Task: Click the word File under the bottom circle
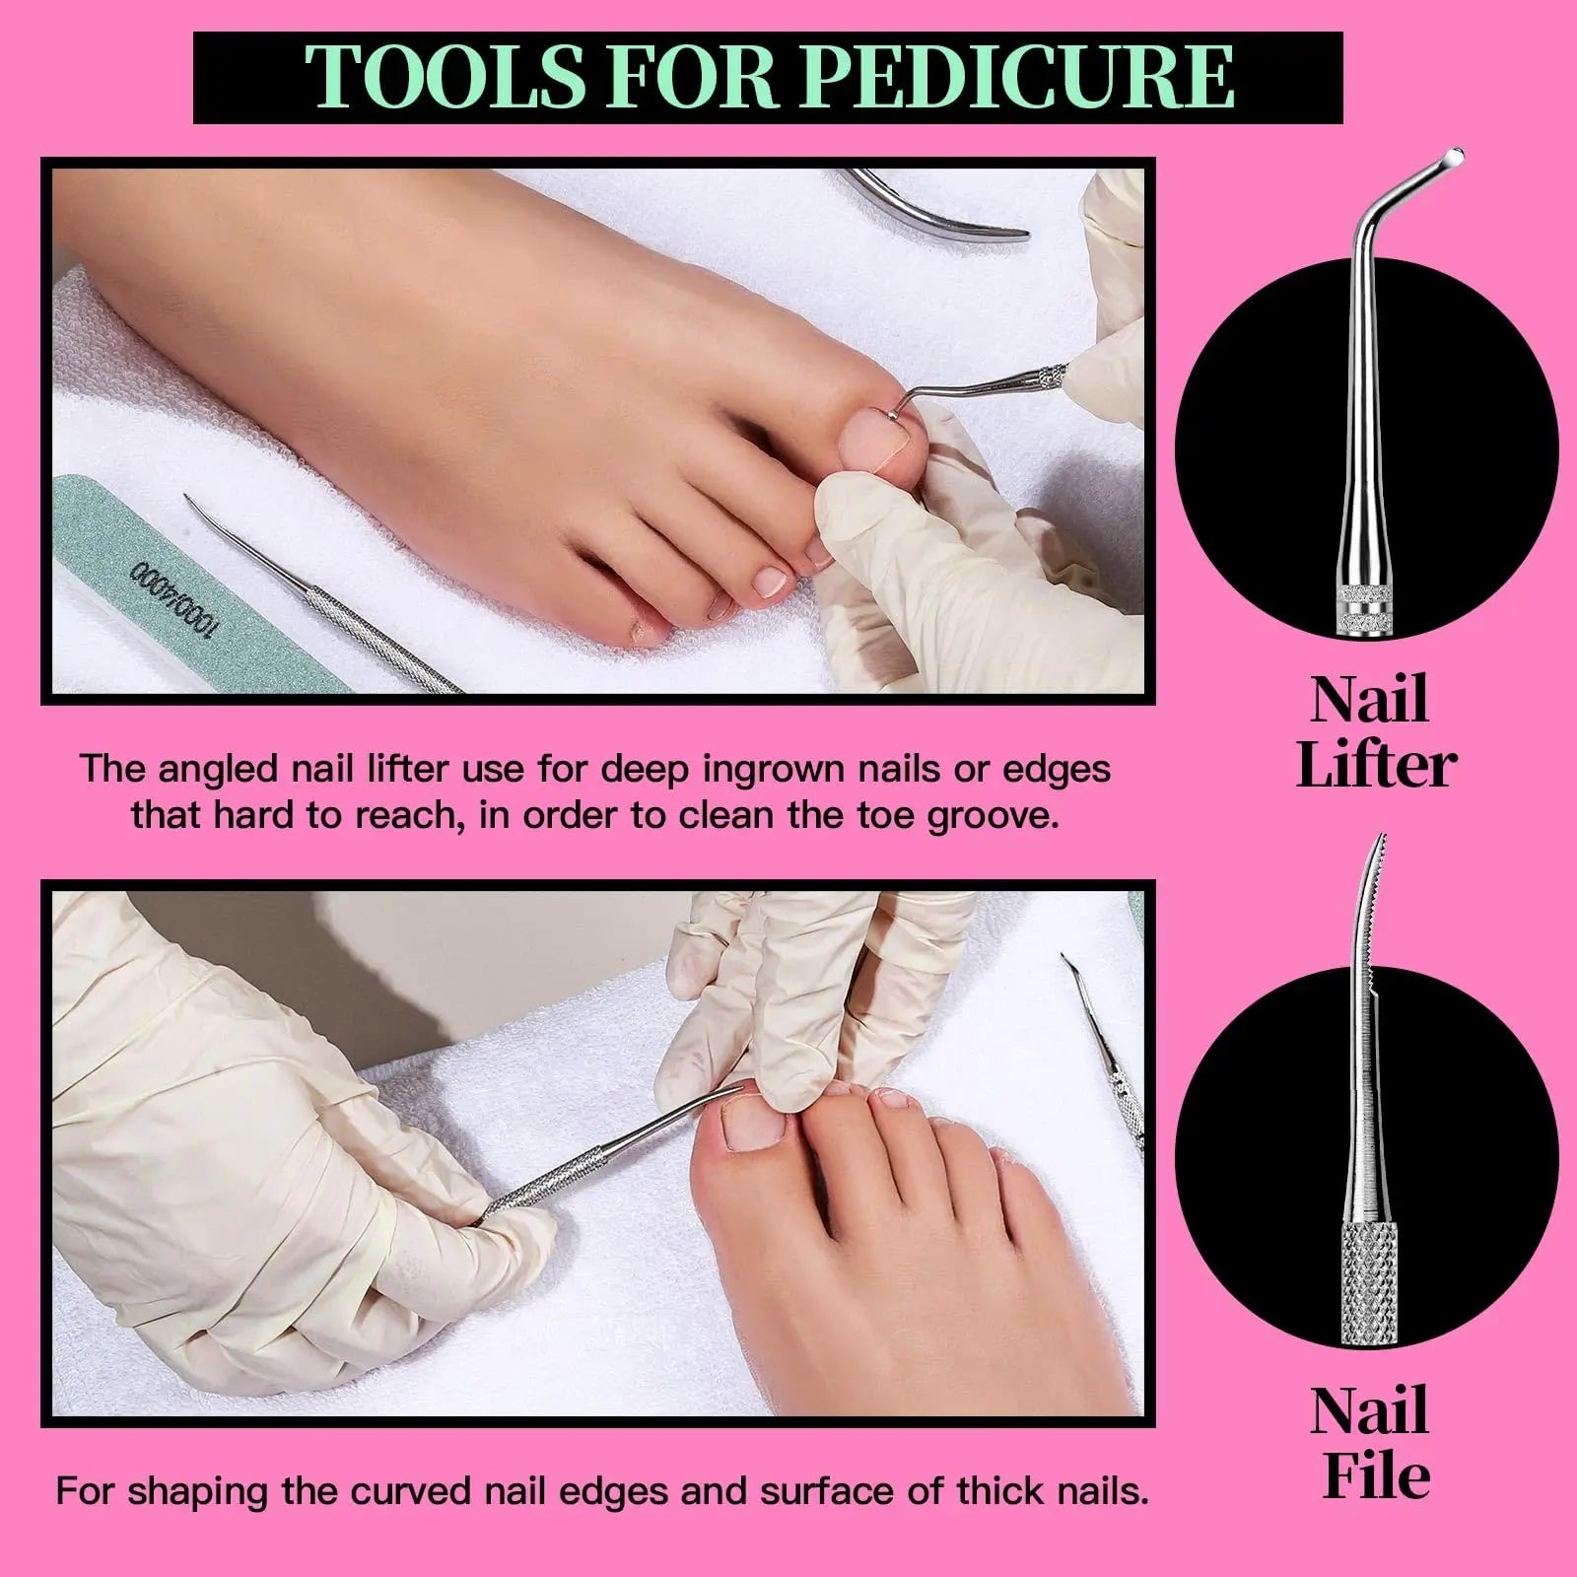tap(1375, 1474)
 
